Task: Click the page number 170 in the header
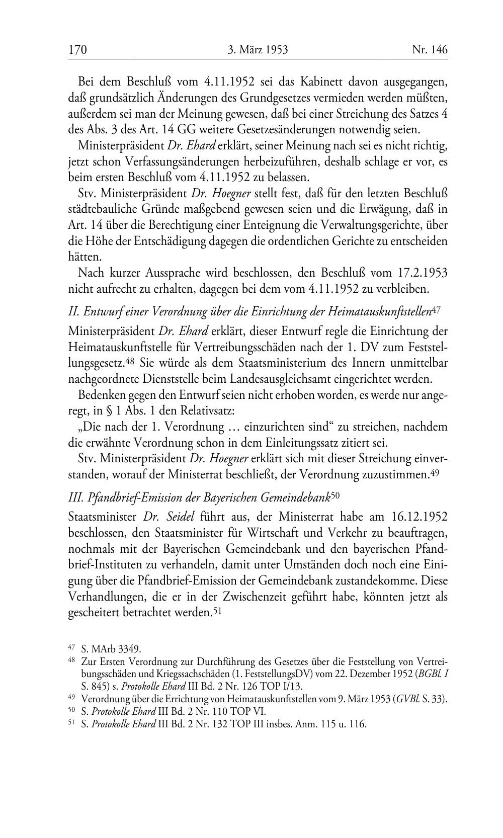[x=78, y=50]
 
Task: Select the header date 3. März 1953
[x=258, y=50]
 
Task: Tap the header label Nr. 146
[x=430, y=50]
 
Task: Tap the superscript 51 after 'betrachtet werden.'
[x=218, y=611]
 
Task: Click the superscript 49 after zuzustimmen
[x=436, y=473]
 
